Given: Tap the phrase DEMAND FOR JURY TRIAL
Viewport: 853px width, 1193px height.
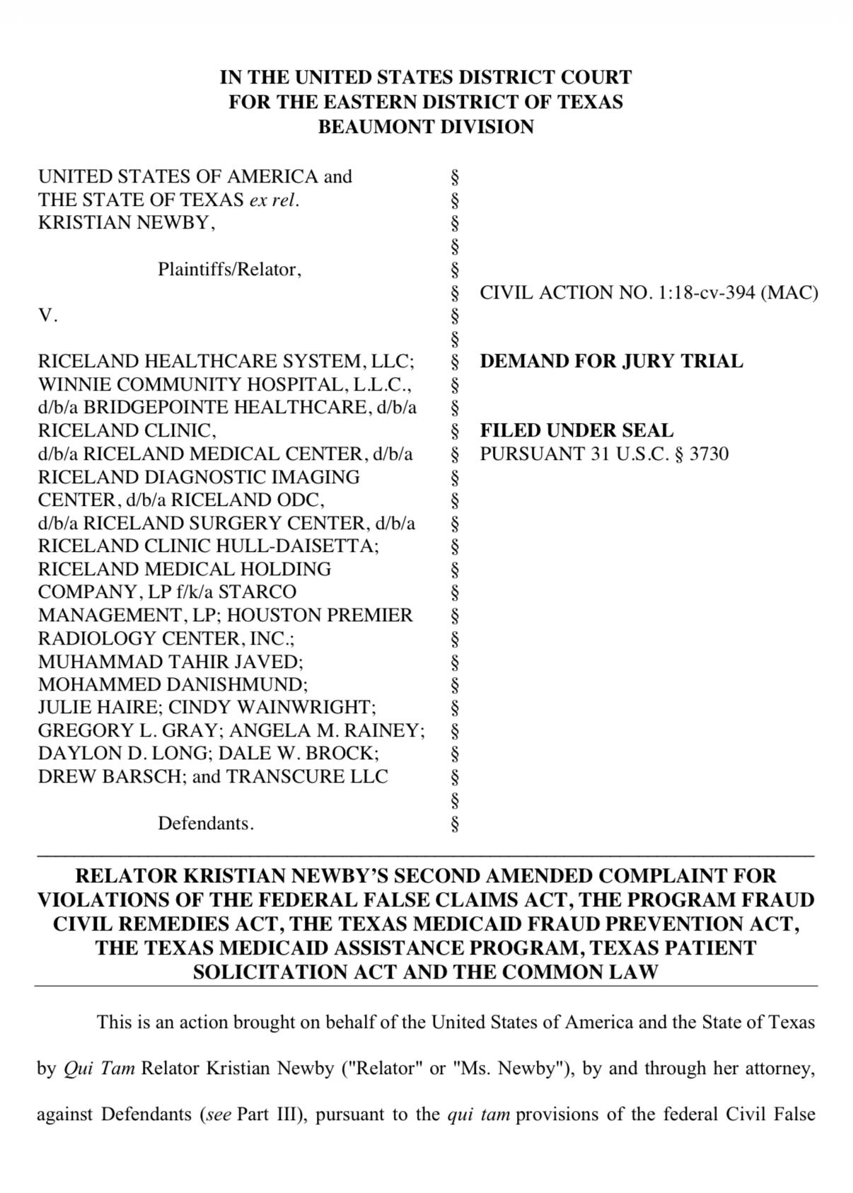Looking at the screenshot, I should click(x=611, y=362).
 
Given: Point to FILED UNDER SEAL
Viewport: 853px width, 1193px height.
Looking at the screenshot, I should click(x=576, y=431).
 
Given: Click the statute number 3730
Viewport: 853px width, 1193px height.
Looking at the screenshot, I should click(x=709, y=454).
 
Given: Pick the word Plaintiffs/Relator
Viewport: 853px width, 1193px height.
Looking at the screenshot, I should click(x=228, y=270).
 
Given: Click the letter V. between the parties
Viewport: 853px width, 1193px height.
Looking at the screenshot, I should click(x=47, y=316).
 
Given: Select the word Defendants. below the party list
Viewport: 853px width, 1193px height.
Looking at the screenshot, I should click(x=205, y=824).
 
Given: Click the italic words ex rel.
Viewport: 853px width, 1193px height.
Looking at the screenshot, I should click(x=274, y=200).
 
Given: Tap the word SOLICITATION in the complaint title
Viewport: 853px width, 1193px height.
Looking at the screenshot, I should click(x=269, y=972).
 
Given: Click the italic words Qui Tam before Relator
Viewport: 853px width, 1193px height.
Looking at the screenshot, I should click(x=99, y=1068).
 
